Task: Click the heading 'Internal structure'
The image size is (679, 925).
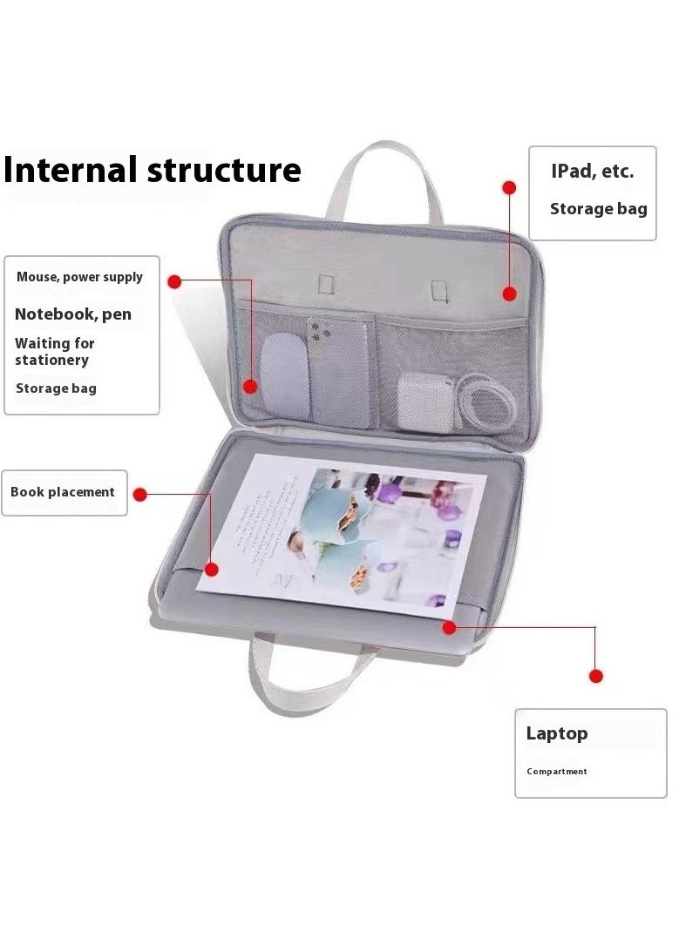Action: (x=153, y=170)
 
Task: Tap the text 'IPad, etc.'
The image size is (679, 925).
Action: (x=592, y=172)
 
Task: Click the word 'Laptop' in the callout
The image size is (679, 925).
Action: (x=557, y=733)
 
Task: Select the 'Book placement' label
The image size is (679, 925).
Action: (x=63, y=492)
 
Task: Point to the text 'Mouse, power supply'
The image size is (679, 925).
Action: (x=79, y=277)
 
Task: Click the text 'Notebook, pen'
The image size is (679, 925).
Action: (x=73, y=314)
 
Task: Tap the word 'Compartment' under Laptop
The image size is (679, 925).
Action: (x=557, y=772)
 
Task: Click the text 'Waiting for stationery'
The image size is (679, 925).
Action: (x=54, y=352)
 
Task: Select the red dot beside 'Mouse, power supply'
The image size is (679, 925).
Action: (x=174, y=281)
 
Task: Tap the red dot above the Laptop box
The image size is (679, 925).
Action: (x=596, y=676)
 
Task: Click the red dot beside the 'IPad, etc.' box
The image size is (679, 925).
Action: (x=509, y=187)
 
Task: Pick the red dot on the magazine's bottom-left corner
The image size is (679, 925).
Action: (x=210, y=570)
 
